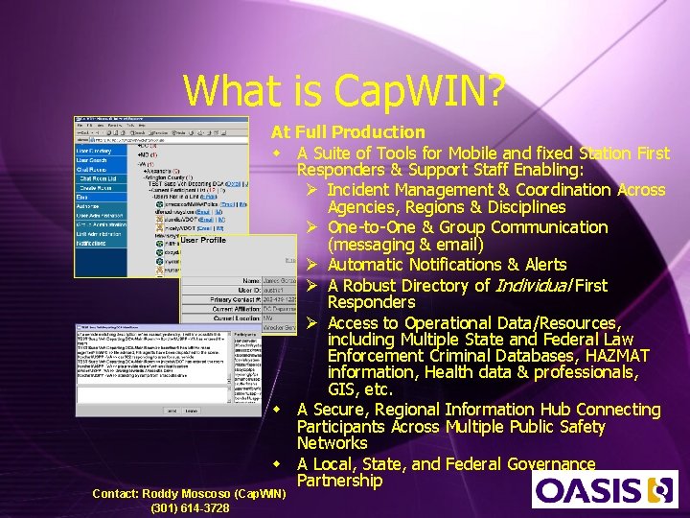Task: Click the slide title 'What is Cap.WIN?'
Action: (344, 91)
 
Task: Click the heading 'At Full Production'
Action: (348, 132)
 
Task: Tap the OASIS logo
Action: (605, 489)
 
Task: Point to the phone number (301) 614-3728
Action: (190, 508)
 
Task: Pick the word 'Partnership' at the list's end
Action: (339, 481)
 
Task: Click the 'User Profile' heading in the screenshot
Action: (203, 239)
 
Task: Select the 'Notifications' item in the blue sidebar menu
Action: (93, 244)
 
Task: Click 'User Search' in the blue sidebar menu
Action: (94, 161)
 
